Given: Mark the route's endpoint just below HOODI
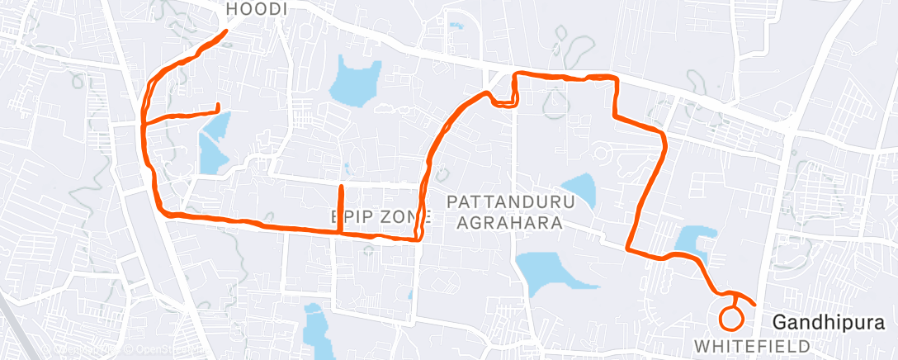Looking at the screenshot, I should coord(226,31).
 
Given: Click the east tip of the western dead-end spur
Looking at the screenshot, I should coord(217,106).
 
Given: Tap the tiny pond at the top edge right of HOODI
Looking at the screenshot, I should coord(456,26).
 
